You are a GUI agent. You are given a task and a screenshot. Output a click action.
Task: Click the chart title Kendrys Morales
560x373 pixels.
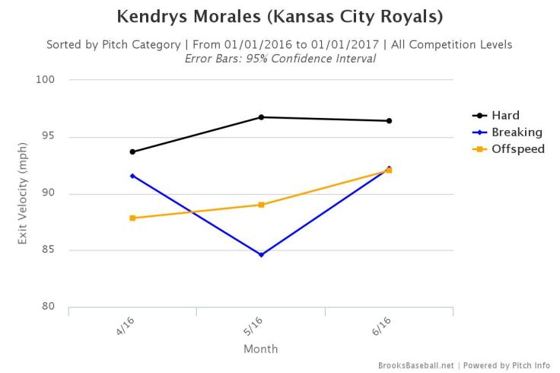(279, 16)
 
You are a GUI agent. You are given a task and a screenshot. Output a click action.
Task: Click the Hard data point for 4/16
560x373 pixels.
(132, 151)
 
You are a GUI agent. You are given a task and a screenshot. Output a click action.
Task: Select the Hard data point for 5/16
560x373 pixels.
(261, 117)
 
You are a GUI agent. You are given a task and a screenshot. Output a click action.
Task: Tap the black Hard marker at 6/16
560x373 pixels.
(389, 121)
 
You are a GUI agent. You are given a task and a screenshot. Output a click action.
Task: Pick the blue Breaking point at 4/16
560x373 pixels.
(132, 176)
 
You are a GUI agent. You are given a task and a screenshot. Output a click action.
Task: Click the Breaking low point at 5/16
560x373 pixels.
(261, 254)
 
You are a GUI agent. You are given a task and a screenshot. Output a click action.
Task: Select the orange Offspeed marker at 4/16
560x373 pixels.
(132, 218)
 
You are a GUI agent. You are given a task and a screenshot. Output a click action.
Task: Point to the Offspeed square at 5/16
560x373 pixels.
(261, 205)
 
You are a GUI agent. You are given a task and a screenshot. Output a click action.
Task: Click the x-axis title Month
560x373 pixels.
(261, 349)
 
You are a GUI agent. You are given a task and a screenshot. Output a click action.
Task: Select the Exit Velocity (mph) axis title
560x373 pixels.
(23, 194)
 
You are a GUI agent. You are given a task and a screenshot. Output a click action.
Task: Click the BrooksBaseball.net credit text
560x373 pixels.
(416, 365)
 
